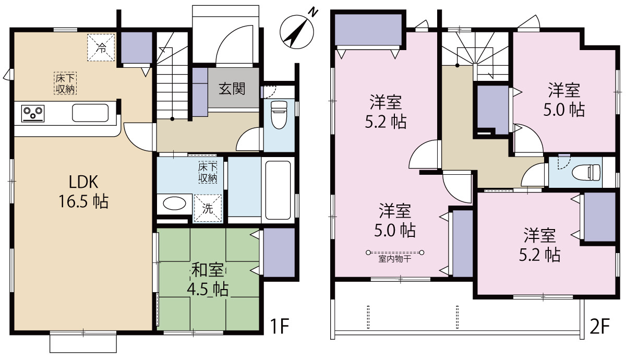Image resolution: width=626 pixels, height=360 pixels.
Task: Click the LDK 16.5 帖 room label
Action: (x=83, y=192)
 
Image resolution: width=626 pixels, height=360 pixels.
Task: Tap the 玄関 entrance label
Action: (x=232, y=89)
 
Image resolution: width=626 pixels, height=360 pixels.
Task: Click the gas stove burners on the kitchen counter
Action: (x=33, y=114)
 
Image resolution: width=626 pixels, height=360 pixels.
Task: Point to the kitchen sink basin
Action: (x=90, y=113)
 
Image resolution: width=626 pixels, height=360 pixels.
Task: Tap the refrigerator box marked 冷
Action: (x=101, y=47)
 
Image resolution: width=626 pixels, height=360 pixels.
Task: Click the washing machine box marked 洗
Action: (x=208, y=208)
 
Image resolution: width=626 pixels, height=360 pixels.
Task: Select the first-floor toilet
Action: (x=279, y=115)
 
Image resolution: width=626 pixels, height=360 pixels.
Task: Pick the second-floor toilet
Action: (x=586, y=173)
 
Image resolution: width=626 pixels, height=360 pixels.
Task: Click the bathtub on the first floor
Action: (x=278, y=190)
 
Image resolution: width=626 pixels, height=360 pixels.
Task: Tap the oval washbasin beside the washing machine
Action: (x=174, y=203)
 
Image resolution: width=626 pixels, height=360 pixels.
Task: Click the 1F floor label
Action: (x=280, y=326)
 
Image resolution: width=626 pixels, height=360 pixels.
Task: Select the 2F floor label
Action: (x=599, y=326)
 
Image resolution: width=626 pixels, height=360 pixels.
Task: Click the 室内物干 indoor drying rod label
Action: (x=394, y=259)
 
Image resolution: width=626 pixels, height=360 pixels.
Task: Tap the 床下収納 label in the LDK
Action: (x=65, y=83)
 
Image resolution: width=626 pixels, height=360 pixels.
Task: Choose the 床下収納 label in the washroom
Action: (x=208, y=173)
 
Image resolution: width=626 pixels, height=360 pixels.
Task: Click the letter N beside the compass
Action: (x=314, y=13)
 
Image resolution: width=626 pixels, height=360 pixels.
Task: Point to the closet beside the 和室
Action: (x=279, y=253)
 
